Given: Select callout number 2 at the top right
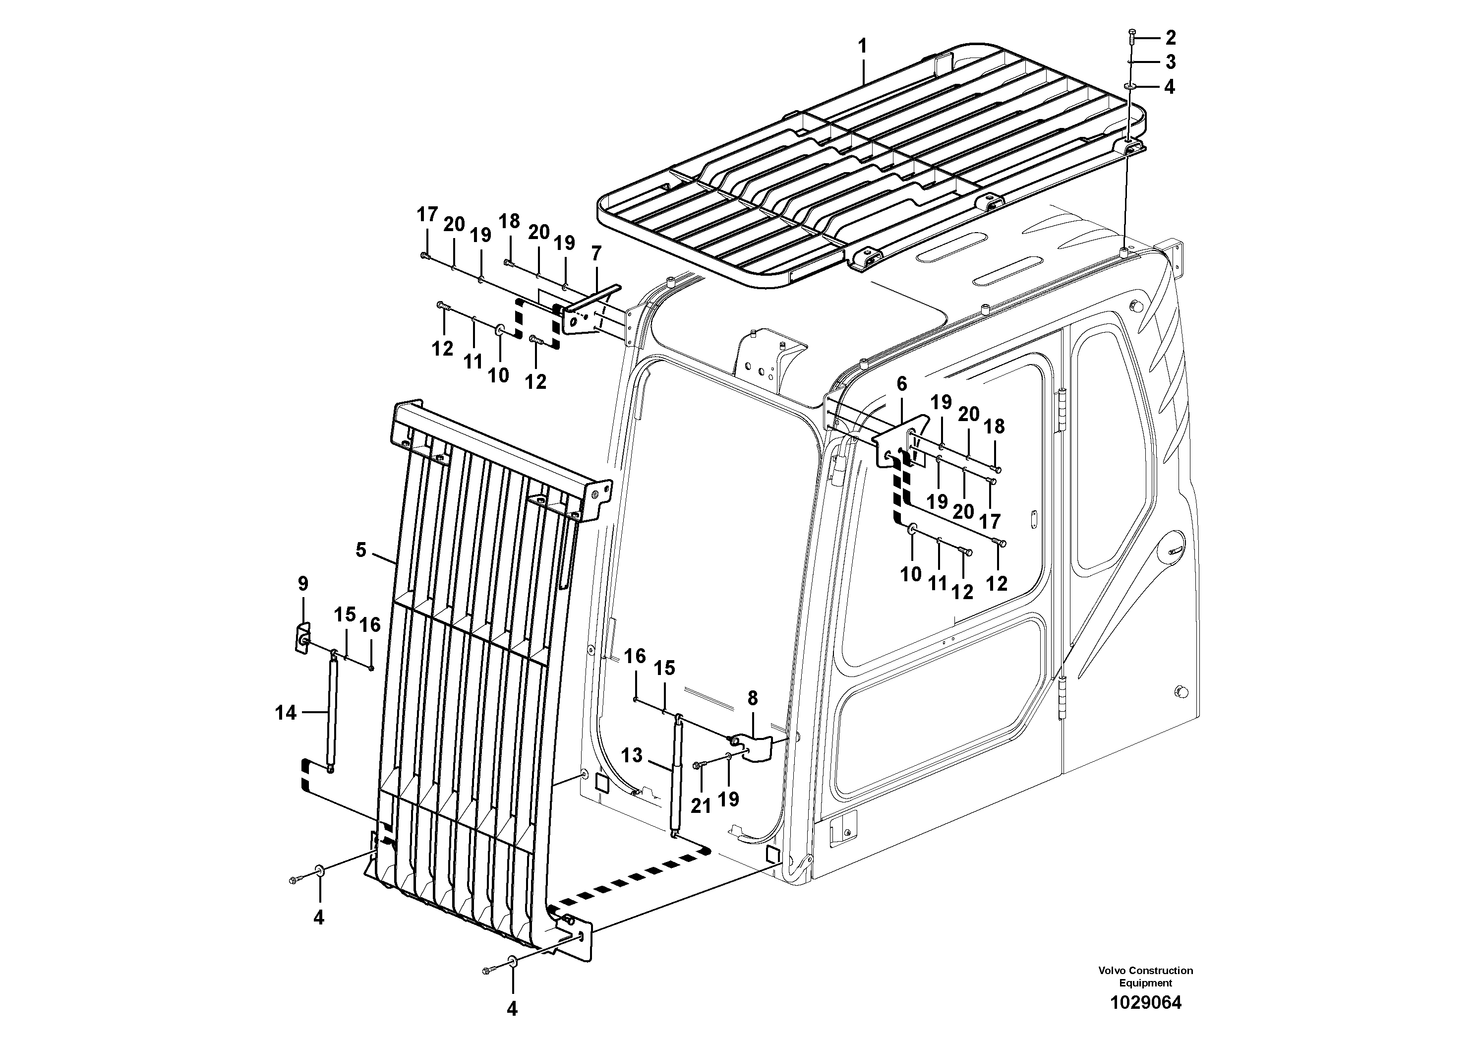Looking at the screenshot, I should tap(1170, 38).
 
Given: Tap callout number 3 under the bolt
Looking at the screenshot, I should tap(1170, 62).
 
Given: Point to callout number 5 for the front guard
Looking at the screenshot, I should tap(360, 550).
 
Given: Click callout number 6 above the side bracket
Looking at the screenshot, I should tap(901, 384).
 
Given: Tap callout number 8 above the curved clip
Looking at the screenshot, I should tap(752, 698).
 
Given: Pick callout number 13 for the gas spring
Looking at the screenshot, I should tap(632, 755).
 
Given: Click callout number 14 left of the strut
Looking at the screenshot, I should tap(286, 713).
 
